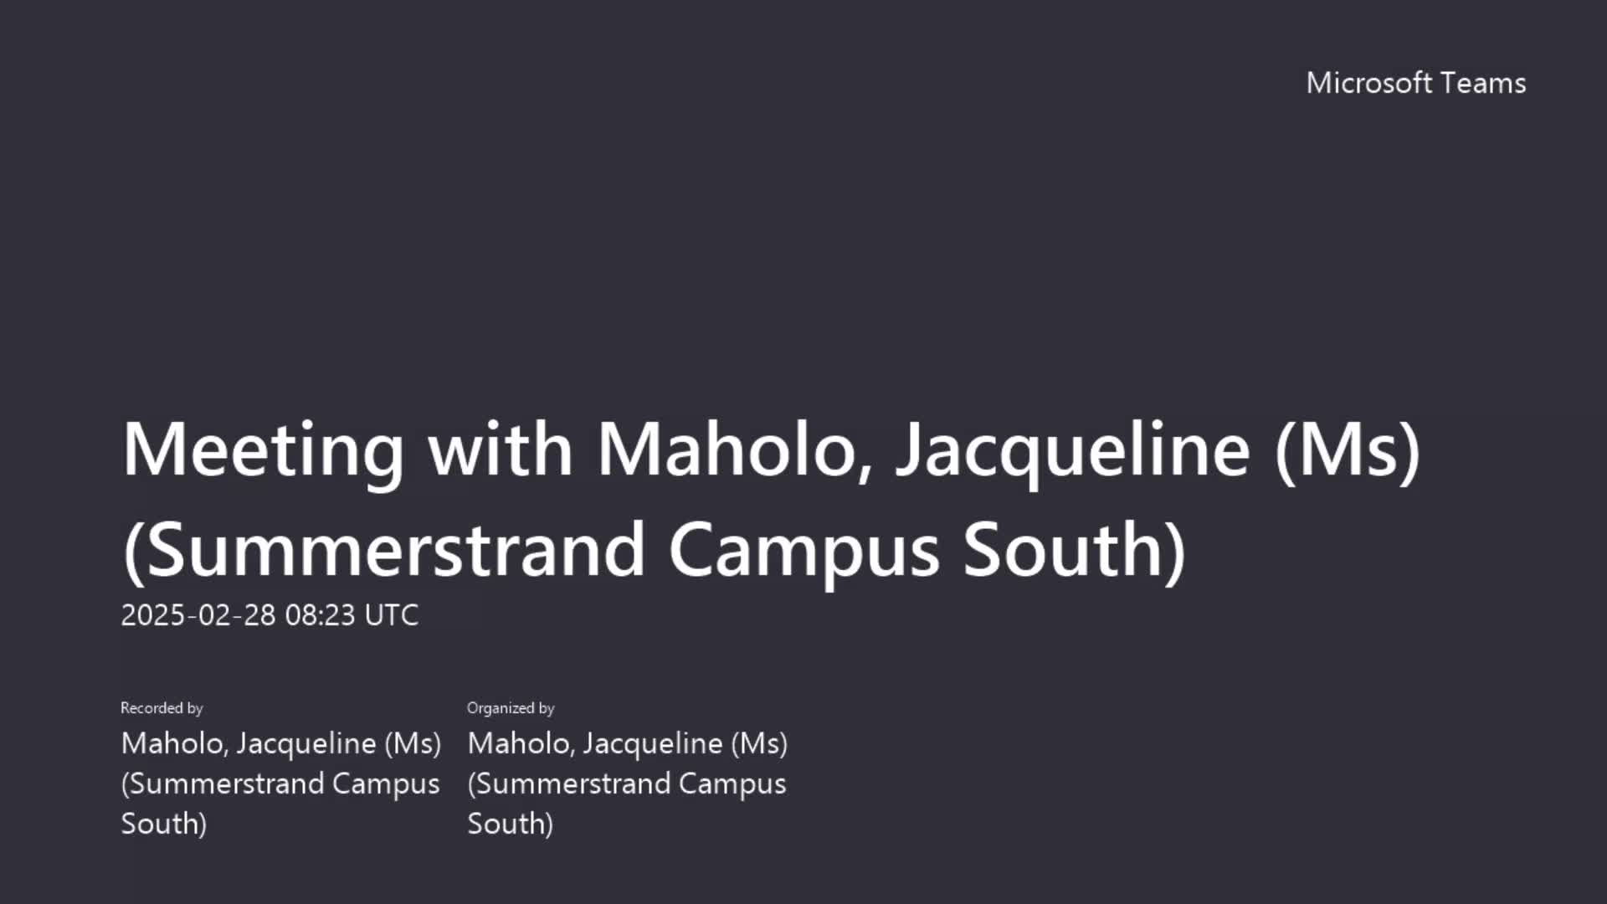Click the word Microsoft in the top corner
point(1369,83)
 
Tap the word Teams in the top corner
point(1484,83)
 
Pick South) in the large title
point(1075,551)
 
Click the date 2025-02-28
point(198,615)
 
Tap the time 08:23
point(321,615)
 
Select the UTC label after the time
point(392,615)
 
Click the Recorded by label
point(162,708)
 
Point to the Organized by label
point(511,708)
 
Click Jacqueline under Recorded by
point(306,744)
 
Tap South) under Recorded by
point(164,824)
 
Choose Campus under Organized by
point(732,784)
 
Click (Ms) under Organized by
point(759,743)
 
